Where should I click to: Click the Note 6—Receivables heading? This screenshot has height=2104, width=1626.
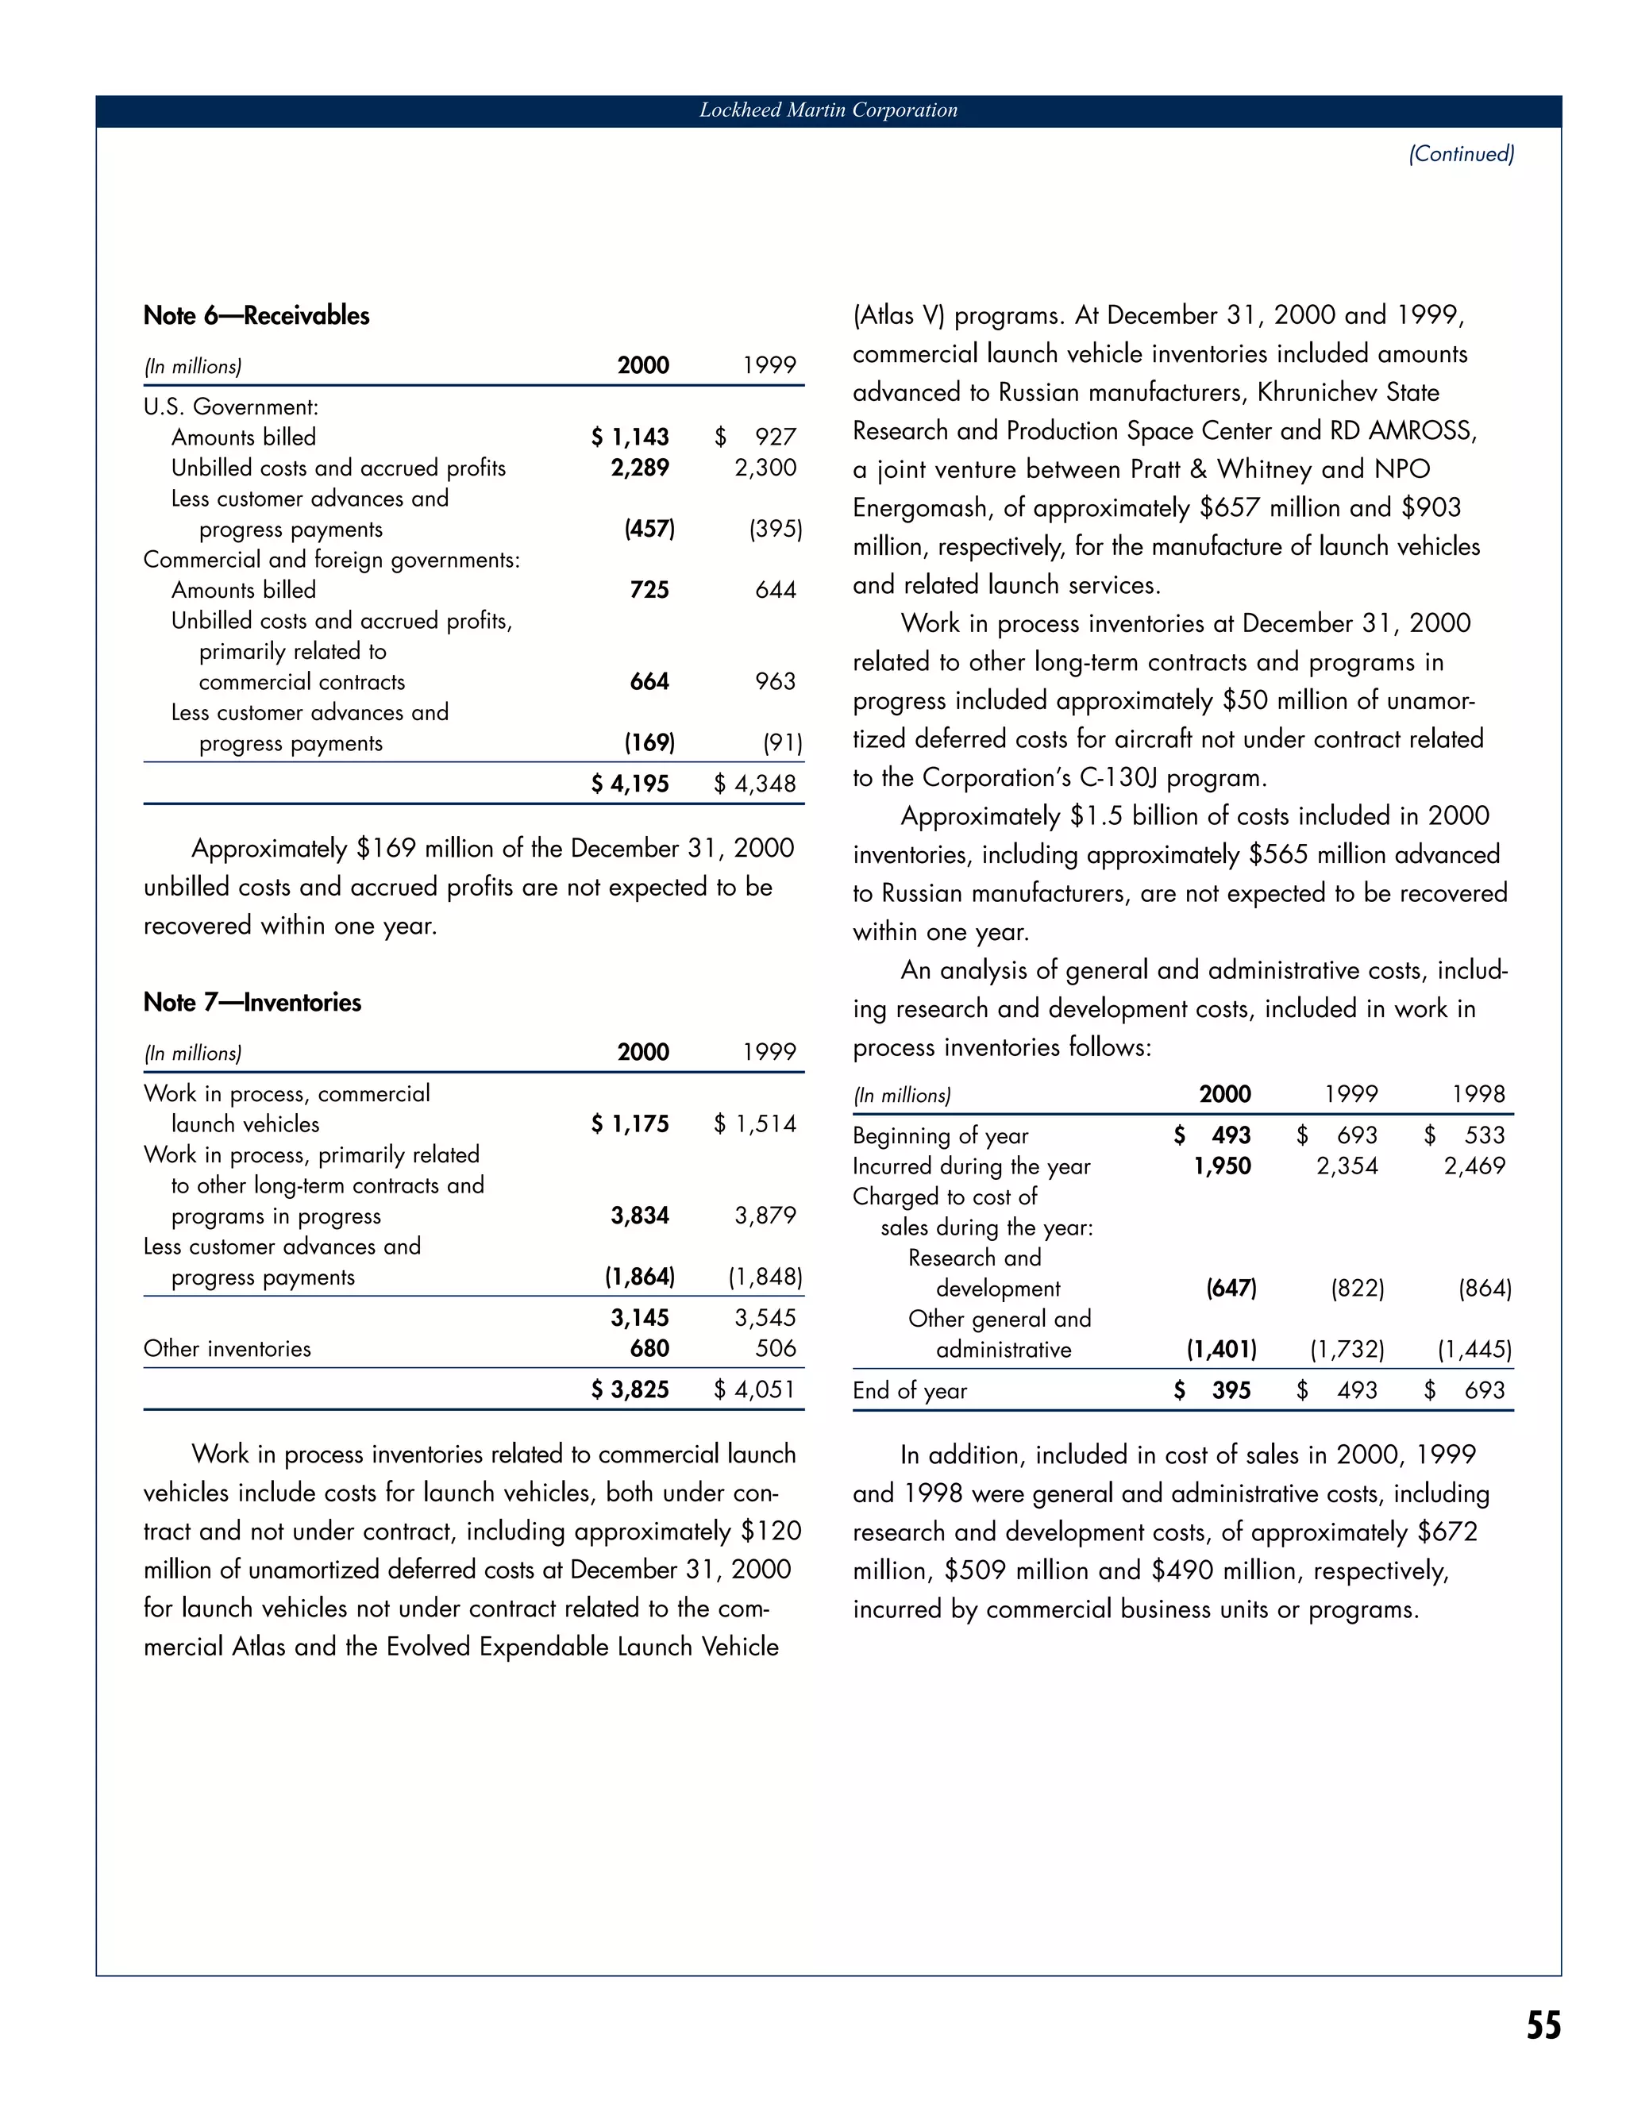coord(256,316)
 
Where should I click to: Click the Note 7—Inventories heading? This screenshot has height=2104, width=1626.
coord(252,1003)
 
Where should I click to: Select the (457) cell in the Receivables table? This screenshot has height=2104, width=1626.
coord(649,529)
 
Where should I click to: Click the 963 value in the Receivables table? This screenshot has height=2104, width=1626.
coord(776,682)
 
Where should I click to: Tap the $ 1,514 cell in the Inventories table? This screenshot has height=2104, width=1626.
coord(755,1124)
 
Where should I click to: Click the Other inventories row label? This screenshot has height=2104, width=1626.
coord(227,1349)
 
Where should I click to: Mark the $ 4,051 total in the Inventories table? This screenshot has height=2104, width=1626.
coord(755,1389)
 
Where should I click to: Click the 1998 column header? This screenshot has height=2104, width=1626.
coord(1478,1094)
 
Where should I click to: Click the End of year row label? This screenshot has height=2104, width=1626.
coord(909,1391)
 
